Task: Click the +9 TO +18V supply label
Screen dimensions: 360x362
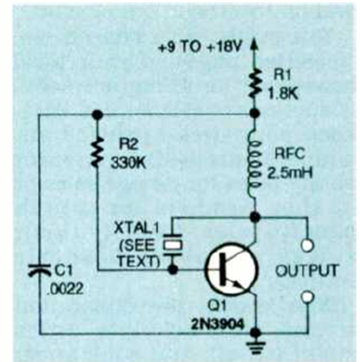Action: [200, 48]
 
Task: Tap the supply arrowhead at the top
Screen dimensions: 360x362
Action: [254, 46]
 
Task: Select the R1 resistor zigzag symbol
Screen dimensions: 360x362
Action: [254, 83]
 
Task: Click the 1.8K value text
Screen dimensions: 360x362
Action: [283, 93]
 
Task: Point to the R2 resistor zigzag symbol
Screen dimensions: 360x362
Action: [98, 152]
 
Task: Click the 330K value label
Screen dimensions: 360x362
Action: [128, 163]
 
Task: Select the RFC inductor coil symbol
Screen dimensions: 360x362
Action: [254, 166]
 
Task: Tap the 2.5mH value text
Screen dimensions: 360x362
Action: [290, 173]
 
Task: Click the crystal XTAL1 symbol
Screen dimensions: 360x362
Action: [173, 245]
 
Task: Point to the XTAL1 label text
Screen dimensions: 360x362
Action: [136, 228]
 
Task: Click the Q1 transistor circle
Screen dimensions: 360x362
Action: [231, 269]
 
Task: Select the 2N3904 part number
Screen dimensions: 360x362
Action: [217, 325]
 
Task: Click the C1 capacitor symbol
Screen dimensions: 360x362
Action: [39, 269]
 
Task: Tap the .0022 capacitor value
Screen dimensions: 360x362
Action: [65, 289]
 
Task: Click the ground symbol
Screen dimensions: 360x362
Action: [255, 346]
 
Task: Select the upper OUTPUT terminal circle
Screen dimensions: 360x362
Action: [308, 245]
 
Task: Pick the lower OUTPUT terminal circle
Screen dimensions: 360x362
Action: [308, 297]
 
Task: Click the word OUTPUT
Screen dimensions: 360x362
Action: [307, 271]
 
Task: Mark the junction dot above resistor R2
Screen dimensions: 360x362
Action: [98, 114]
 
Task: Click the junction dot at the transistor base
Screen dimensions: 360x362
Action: [173, 269]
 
